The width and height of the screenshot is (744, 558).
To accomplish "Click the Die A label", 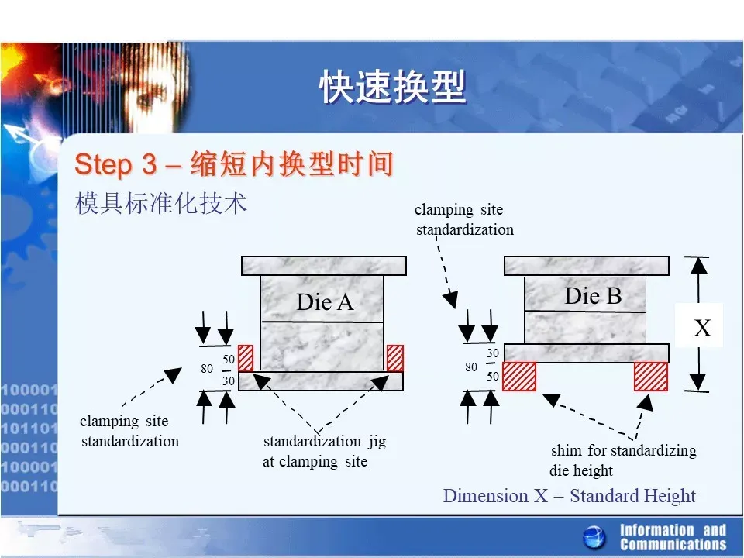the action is point(325,302).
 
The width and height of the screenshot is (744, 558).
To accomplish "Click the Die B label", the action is point(593,296).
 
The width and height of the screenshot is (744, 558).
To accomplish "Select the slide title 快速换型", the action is point(393,87).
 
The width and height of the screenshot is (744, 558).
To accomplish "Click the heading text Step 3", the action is point(115,164).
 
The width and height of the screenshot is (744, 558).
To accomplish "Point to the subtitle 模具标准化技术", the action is point(161,204).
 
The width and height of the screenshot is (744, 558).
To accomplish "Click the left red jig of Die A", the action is point(246,358).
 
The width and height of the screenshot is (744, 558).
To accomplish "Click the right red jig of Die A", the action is point(395,358).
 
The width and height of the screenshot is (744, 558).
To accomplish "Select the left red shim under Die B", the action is point(519,377).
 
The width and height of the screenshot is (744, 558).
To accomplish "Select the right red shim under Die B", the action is point(651,377).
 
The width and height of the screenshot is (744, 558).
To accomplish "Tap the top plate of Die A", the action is point(324,266).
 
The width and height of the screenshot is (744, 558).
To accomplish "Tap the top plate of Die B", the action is point(587,266).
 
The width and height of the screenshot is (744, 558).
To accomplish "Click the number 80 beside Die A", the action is point(207,369).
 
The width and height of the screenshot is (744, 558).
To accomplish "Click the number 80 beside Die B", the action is point(471,367).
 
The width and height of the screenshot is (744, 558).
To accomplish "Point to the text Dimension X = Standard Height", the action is point(570,496).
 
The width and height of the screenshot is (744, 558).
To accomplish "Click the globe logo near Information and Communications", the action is point(594,538).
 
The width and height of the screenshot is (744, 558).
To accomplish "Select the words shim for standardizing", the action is point(624,449).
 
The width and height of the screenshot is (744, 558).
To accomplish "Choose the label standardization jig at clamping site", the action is point(325,451).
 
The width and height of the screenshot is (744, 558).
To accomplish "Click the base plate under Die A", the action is point(321,381).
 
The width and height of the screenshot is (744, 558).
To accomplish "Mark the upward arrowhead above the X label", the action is point(699,266).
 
